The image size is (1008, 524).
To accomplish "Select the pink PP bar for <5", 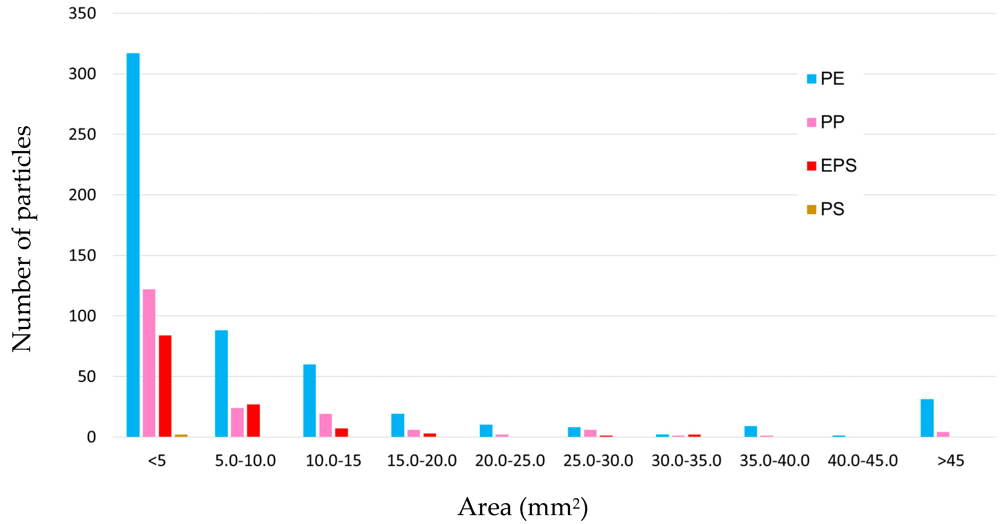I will pos(149,363).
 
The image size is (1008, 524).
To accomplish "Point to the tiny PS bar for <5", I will pos(181,435).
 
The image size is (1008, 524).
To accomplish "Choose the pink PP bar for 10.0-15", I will pos(326,425).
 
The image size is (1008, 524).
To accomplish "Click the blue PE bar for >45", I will pos(927,418).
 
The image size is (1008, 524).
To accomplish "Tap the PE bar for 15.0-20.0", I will pos(397,425).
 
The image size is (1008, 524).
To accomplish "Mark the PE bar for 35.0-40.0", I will pos(751,431).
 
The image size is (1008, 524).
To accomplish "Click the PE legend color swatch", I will pos(811,79).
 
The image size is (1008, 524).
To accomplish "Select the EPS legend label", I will pos(838,166).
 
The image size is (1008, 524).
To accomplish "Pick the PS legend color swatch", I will pos(811,210).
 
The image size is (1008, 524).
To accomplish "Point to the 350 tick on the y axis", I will pos(82,14).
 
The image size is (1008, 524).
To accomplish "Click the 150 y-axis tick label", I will pos(82,256).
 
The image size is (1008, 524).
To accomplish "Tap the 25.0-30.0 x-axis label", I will pos(598,461).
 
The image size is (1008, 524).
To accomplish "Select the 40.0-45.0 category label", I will pos(862,461).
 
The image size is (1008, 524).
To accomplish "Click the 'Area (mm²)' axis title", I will pos(523,507).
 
